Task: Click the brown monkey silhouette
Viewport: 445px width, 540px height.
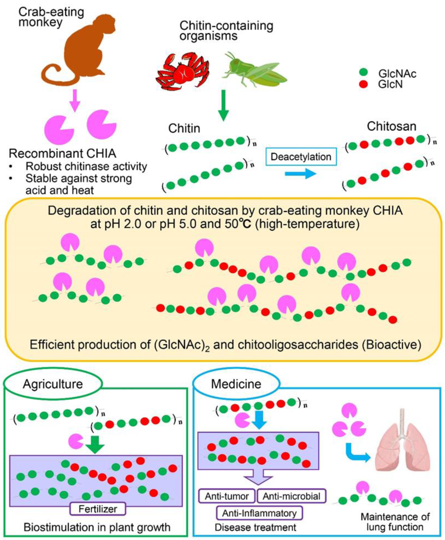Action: pos(85,49)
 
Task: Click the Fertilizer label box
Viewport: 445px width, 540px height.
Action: pos(98,509)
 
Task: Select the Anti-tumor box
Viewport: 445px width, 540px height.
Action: pos(227,496)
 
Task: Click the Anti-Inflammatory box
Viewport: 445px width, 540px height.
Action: pos(259,513)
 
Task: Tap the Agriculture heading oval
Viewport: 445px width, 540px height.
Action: pos(53,384)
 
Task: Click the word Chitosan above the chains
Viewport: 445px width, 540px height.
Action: pos(391,126)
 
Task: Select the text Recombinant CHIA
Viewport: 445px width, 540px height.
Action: pos(62,154)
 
